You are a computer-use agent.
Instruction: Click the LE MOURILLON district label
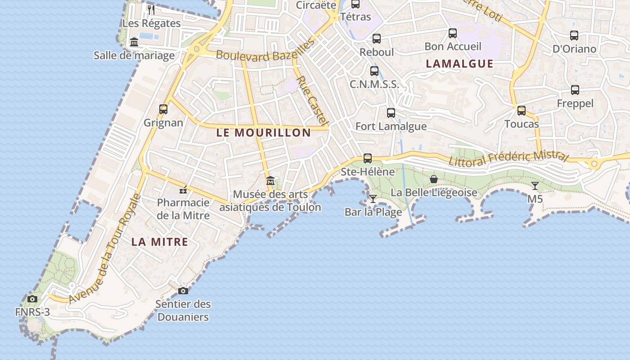tap(264, 133)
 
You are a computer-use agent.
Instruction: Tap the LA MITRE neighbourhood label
tap(160, 242)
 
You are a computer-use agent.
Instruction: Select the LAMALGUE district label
tap(459, 63)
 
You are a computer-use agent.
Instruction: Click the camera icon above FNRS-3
tap(32, 299)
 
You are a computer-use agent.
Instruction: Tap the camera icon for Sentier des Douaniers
tap(183, 291)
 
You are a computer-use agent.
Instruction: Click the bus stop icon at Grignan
tap(163, 109)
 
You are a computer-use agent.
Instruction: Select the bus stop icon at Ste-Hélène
tap(368, 158)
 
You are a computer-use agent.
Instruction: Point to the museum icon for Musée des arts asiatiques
tap(270, 181)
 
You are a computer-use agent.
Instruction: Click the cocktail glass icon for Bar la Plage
tap(373, 198)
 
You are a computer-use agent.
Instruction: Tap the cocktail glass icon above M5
tap(535, 185)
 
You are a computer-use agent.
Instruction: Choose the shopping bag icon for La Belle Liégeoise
tap(434, 179)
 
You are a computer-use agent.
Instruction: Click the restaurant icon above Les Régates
tap(151, 9)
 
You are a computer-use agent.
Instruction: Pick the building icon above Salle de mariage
tap(134, 42)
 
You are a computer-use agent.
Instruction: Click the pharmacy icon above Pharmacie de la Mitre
tap(183, 189)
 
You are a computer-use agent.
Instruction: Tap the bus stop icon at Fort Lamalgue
tap(391, 113)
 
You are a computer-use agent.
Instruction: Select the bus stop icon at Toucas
tap(522, 111)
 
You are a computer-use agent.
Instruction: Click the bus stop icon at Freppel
tap(575, 90)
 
